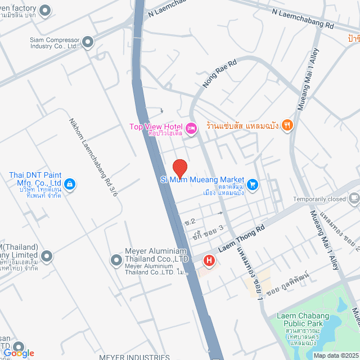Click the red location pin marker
tap(179, 168)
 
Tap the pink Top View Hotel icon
tap(191, 129)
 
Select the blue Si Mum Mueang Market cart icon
tap(253, 183)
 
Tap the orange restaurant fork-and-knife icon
tap(287, 125)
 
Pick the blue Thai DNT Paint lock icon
tap(70, 183)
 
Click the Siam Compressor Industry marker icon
tap(88, 42)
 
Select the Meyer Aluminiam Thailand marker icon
tap(116, 260)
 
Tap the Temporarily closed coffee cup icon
tap(354, 197)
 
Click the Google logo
tap(19, 353)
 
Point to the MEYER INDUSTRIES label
tap(134, 357)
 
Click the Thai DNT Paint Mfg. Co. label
tap(35, 179)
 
